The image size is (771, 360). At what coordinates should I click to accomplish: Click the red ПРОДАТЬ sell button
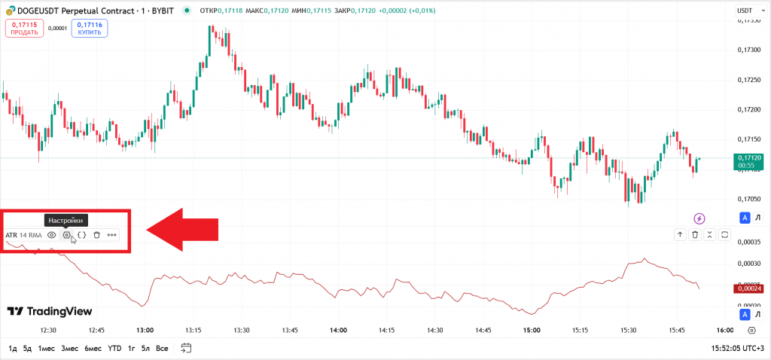pyautogui.click(x=25, y=28)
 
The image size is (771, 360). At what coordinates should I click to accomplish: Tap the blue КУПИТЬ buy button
pyautogui.click(x=90, y=28)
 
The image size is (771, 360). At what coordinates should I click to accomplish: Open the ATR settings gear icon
pyautogui.click(x=67, y=235)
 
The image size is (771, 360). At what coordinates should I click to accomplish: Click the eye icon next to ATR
pyautogui.click(x=52, y=235)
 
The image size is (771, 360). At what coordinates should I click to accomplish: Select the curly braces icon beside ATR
pyautogui.click(x=82, y=235)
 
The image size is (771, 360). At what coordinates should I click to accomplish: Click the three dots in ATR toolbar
pyautogui.click(x=112, y=235)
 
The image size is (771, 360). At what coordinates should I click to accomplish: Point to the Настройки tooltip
pyautogui.click(x=66, y=220)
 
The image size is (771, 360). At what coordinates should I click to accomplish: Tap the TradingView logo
pyautogui.click(x=50, y=311)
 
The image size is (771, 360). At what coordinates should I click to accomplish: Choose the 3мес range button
pyautogui.click(x=69, y=348)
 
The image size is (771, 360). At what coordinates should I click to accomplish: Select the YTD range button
pyautogui.click(x=114, y=348)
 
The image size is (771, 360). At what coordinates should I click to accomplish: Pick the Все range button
pyautogui.click(x=162, y=348)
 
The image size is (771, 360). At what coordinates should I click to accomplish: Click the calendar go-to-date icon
pyautogui.click(x=187, y=348)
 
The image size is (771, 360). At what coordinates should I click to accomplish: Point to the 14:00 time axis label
pyautogui.click(x=338, y=330)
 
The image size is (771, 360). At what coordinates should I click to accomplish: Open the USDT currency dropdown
pyautogui.click(x=745, y=11)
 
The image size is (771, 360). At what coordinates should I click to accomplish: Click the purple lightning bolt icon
pyautogui.click(x=699, y=218)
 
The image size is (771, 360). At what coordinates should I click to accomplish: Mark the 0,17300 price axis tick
pyautogui.click(x=750, y=50)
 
